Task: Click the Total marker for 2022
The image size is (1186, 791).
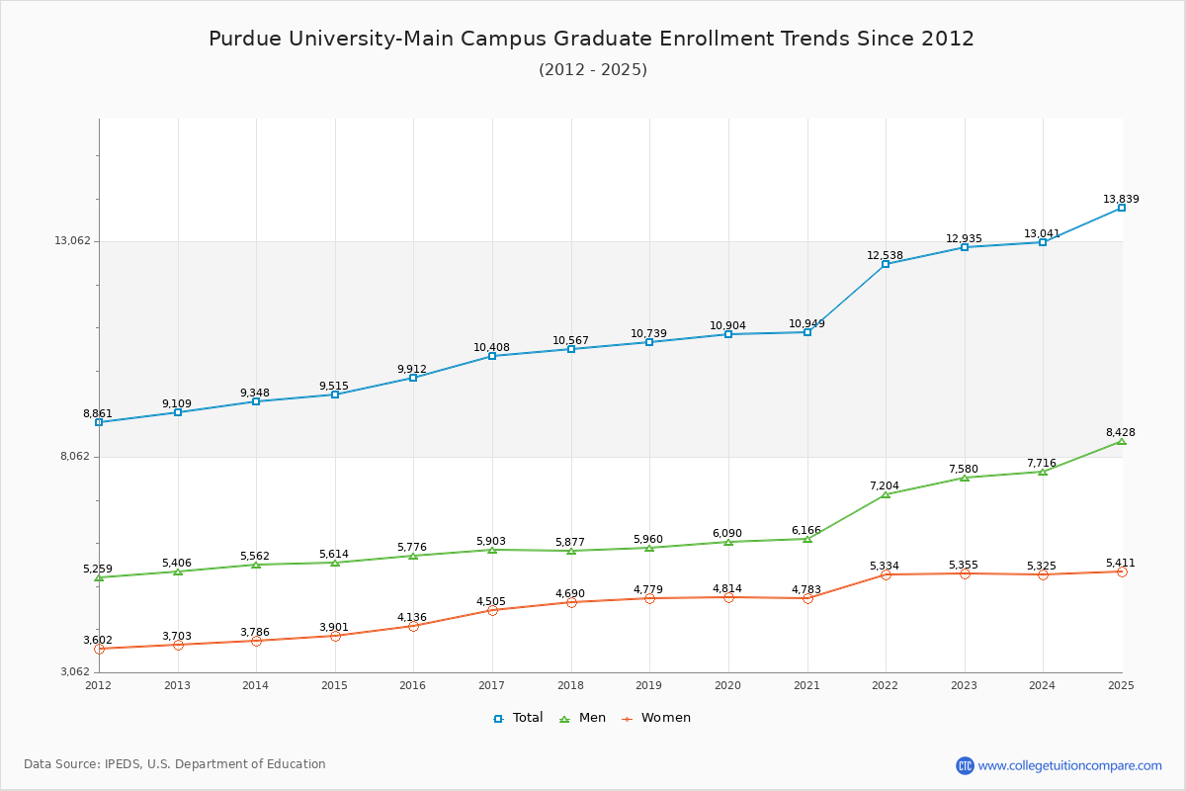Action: (886, 264)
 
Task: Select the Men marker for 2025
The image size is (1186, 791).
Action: (1122, 441)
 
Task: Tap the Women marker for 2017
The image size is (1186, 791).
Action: (492, 610)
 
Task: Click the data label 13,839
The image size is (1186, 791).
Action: (1121, 199)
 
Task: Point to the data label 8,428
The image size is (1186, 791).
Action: (1121, 432)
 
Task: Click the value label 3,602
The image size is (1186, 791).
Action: (98, 640)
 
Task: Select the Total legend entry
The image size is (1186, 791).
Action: (518, 718)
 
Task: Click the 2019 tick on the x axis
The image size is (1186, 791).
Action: (649, 685)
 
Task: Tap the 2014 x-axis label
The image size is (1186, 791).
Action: (256, 685)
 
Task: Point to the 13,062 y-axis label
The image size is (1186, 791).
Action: (72, 240)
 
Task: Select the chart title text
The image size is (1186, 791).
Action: (591, 39)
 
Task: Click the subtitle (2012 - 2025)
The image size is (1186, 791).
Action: (592, 69)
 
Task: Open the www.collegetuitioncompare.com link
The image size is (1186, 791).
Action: (1069, 765)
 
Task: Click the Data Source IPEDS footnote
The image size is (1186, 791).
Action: (175, 764)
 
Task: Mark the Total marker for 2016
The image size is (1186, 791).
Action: (413, 378)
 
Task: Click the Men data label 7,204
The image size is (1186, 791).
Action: (885, 485)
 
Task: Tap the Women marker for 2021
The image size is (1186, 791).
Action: (807, 598)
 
